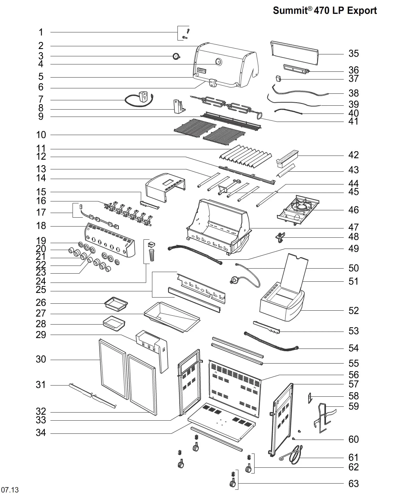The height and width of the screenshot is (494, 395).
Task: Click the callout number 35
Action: point(353,54)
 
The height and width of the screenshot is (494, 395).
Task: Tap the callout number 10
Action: point(41,135)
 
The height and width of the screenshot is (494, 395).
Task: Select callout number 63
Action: point(353,484)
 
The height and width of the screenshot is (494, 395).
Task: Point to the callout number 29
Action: point(41,335)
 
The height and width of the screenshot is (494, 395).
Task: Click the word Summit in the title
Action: point(290,10)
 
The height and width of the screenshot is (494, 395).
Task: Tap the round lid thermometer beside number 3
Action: point(176,56)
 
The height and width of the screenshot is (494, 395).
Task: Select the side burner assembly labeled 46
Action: point(298,210)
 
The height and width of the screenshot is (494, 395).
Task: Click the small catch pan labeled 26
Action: point(116,304)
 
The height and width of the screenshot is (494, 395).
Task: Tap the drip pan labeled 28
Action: point(114,323)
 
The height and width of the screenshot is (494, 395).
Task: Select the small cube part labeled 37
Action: point(279,78)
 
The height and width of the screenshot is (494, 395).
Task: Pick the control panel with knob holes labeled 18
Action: point(110,240)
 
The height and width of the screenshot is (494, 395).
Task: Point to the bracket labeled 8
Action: point(179,106)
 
